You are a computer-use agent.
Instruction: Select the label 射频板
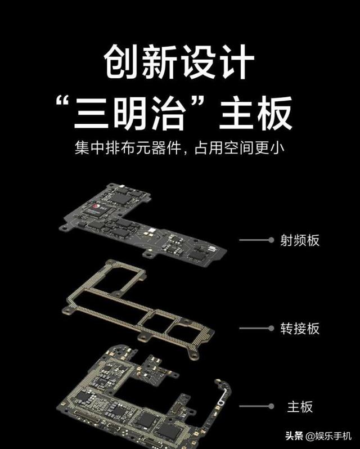[300, 240]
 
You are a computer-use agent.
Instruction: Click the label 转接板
[300, 327]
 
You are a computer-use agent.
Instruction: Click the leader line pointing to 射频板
[256, 240]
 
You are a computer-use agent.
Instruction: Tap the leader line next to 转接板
[256, 327]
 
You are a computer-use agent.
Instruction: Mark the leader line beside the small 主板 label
[256, 406]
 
